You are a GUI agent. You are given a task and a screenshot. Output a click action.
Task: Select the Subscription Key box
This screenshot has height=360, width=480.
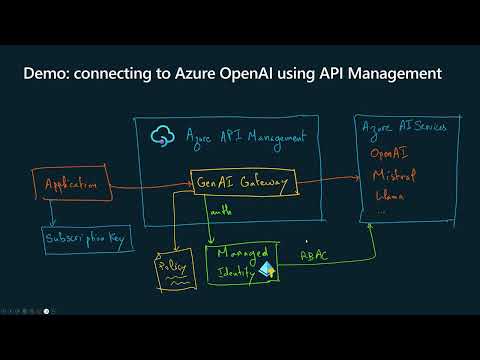click(x=87, y=240)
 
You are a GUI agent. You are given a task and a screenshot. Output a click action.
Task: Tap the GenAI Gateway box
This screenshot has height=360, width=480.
click(x=244, y=183)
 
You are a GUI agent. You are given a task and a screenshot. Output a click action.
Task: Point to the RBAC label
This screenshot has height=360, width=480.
click(x=317, y=256)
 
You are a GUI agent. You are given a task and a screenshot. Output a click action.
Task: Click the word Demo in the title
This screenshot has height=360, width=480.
click(x=48, y=74)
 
